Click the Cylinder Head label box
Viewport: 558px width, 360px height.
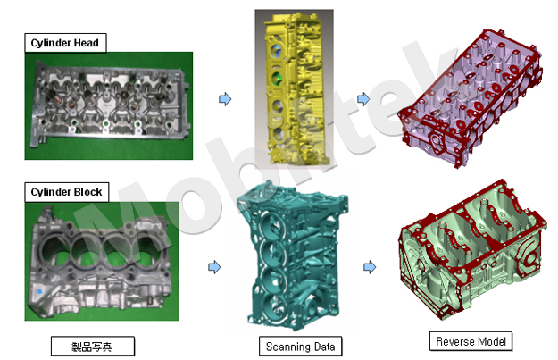pos(65,43)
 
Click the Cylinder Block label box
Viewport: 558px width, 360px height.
pos(67,192)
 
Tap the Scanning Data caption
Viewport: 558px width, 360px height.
pos(300,347)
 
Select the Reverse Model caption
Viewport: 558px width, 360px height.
pos(471,341)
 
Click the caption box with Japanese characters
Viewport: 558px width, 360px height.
pos(93,346)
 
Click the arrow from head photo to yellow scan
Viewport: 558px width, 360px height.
pos(225,98)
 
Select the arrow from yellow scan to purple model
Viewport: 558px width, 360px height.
pos(363,98)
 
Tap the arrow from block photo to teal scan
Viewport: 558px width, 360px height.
pos(214,267)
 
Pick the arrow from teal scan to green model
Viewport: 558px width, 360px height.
pos(370,267)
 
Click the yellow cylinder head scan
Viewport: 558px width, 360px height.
pos(295,89)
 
